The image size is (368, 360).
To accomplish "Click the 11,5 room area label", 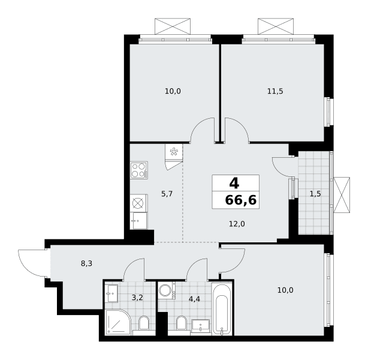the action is click(275, 91).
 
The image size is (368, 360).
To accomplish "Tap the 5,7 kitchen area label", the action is click(167, 194).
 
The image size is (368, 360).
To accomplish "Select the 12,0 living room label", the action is click(237, 224).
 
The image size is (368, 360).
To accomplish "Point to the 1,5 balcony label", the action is click(315, 194).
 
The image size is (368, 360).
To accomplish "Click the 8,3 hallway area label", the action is click(86, 263).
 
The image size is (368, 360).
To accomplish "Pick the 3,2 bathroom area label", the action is click(137, 298).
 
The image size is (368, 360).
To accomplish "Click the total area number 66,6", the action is click(241, 200).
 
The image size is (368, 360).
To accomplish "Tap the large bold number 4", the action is click(234, 183).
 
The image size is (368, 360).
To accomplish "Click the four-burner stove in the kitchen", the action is click(139, 170).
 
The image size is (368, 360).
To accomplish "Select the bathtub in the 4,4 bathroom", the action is click(222, 309).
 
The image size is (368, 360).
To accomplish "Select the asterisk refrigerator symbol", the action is click(174, 152).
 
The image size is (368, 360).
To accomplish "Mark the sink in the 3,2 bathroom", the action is click(111, 293).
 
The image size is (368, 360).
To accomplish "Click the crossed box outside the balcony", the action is click(342, 195).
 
